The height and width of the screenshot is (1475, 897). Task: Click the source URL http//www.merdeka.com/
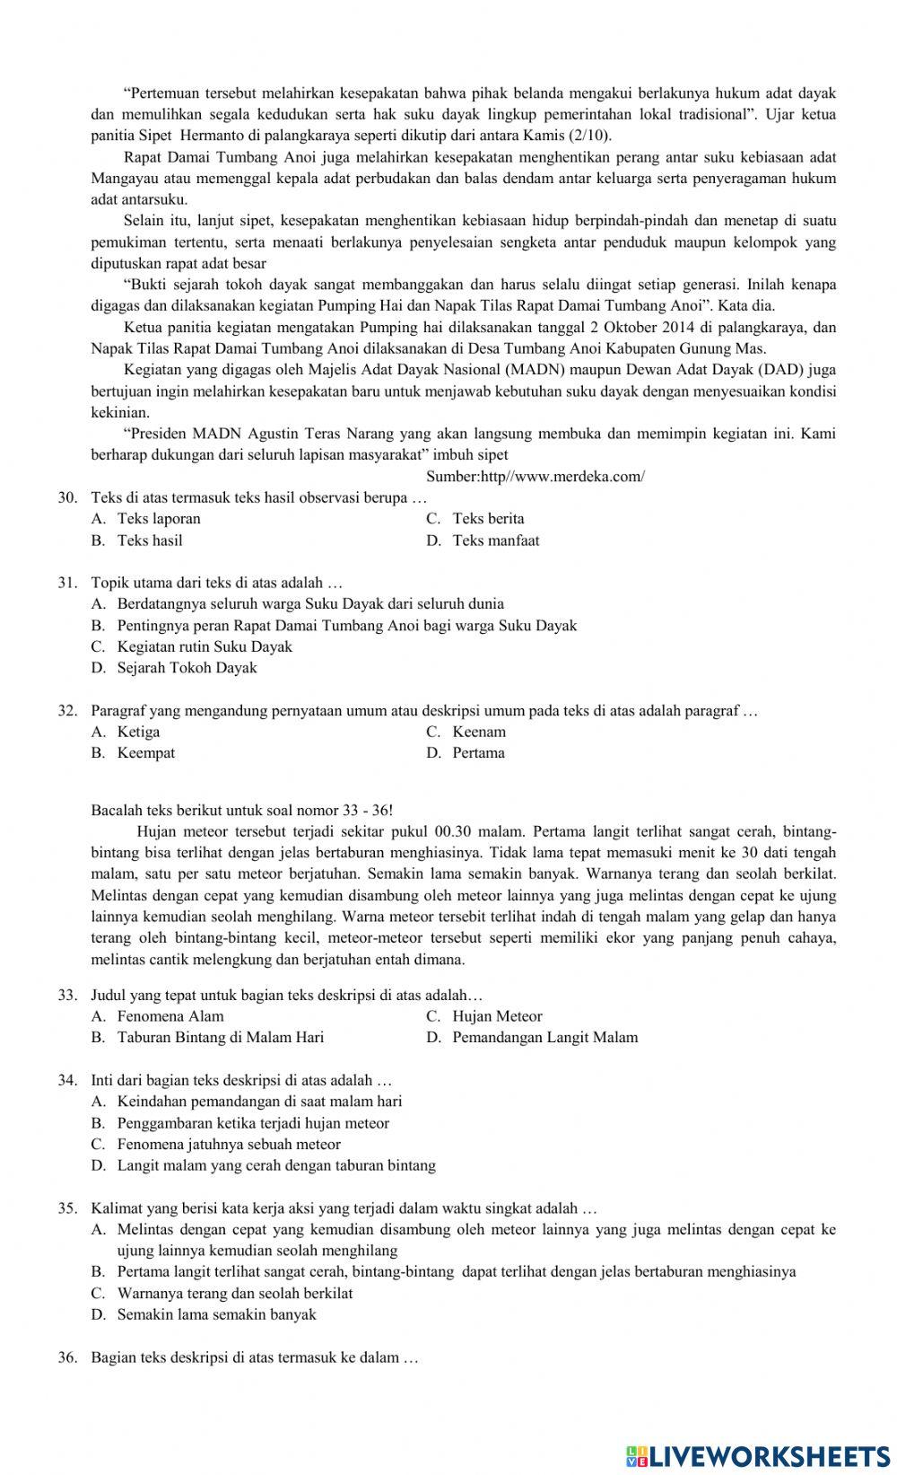536,477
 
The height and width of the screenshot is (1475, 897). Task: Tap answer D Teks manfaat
495,540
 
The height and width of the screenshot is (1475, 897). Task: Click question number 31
68,583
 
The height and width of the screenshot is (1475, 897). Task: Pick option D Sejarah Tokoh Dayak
186,668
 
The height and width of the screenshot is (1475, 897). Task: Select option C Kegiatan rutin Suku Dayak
204,646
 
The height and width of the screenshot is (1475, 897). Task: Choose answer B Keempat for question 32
145,753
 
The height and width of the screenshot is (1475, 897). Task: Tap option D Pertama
477,753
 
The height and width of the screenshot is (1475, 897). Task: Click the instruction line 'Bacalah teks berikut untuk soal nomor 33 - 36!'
242,810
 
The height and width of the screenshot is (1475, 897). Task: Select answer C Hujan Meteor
496,1016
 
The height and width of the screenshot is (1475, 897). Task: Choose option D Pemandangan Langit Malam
544,1038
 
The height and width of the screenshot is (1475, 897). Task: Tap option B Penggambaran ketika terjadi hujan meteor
252,1123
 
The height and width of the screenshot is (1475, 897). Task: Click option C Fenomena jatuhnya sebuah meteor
228,1145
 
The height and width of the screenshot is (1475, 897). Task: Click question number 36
68,1357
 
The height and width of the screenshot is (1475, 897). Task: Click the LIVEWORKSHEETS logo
758,1455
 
